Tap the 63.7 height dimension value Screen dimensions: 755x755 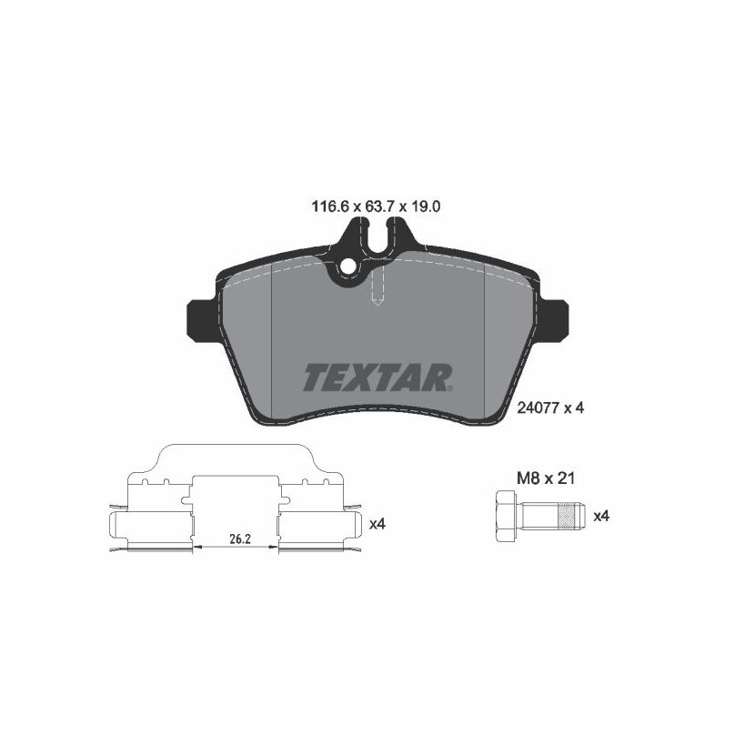[380, 207]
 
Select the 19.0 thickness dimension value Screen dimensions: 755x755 [426, 207]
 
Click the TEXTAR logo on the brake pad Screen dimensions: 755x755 [377, 377]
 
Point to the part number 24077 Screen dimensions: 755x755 [538, 408]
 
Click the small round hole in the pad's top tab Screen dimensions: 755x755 [347, 266]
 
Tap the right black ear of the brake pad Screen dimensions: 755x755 [553, 321]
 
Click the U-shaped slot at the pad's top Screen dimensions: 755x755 [377, 237]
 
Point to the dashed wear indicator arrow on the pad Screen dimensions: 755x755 [378, 287]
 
